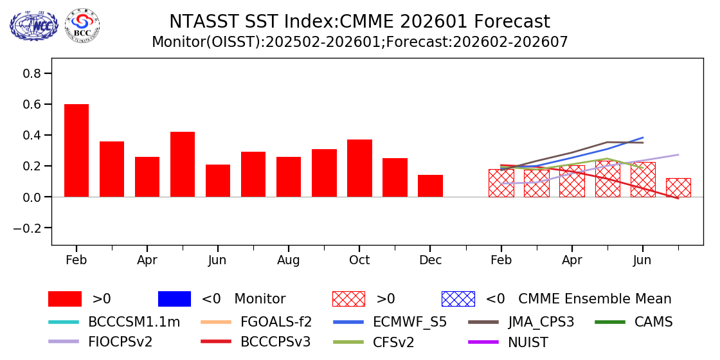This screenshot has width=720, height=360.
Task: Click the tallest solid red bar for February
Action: click(x=76, y=150)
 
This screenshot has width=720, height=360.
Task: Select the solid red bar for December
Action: click(x=430, y=186)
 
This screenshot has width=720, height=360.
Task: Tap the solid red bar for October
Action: click(x=359, y=168)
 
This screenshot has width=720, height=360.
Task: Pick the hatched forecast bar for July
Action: click(x=678, y=188)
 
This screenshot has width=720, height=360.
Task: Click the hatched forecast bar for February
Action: click(x=501, y=183)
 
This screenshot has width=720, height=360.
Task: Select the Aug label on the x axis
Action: click(x=289, y=260)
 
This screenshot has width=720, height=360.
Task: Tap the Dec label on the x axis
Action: click(x=430, y=260)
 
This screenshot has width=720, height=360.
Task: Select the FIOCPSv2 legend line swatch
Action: click(x=65, y=342)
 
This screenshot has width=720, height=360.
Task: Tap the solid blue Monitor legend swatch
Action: click(x=174, y=299)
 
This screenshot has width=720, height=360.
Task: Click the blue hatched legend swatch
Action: click(x=458, y=299)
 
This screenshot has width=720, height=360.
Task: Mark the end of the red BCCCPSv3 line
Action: click(x=678, y=199)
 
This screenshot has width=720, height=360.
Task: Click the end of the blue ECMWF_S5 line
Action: click(x=643, y=138)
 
